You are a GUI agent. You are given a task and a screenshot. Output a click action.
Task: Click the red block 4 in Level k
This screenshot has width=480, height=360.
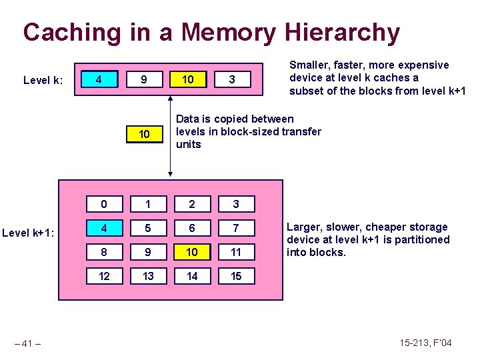point(99,80)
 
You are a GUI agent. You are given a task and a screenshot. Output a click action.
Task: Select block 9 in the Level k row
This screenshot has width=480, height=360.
point(143,80)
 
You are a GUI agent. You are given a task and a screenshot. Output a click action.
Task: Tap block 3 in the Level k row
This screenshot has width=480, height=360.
point(231,80)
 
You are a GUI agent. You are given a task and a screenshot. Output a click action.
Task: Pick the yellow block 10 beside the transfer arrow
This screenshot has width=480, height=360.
point(143,135)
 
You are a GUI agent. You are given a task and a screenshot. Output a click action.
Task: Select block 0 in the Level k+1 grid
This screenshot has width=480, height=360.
point(104,203)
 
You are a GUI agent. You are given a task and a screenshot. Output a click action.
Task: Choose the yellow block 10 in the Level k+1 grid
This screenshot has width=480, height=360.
point(192,252)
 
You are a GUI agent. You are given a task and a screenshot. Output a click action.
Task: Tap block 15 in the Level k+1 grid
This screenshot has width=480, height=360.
point(235,276)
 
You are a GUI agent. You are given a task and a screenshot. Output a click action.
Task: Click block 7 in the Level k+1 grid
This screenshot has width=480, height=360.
point(235,228)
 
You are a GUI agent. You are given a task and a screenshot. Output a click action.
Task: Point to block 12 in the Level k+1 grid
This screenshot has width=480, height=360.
point(104,276)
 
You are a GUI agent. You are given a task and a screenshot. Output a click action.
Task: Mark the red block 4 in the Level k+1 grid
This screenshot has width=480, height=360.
point(104,228)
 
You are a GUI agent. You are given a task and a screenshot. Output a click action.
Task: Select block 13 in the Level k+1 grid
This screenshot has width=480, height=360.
point(148,276)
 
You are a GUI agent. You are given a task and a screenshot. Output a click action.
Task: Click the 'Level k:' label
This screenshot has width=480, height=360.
point(43,81)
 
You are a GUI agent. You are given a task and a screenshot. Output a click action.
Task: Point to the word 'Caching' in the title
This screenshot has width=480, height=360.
point(72,32)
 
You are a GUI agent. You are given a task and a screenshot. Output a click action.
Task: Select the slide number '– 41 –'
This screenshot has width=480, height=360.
point(29,343)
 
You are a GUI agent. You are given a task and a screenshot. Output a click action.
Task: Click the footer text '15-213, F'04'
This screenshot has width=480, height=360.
point(425,343)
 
